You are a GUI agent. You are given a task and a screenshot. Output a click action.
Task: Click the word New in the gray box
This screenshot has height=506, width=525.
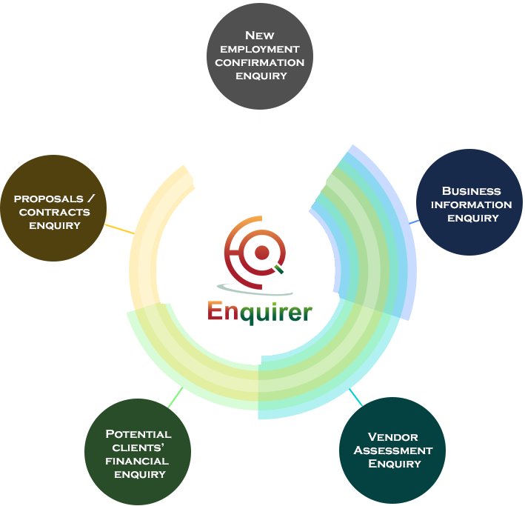(x=259, y=35)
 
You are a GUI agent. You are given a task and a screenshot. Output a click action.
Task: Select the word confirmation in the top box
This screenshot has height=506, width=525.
(x=259, y=62)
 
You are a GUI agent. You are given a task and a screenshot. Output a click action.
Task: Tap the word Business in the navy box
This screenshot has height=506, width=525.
(x=471, y=191)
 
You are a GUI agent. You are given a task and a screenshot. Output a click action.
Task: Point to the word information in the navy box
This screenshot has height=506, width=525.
(x=471, y=204)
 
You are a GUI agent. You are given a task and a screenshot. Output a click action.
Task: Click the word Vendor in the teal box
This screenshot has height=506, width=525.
(x=393, y=436)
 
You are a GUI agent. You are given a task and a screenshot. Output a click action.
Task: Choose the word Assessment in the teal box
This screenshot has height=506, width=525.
(x=393, y=450)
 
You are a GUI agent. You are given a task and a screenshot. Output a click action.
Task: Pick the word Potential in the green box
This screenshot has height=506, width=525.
(x=138, y=433)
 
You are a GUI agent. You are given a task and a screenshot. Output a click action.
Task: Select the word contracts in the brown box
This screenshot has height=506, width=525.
(x=55, y=212)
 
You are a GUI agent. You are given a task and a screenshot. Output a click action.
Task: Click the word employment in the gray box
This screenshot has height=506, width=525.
(x=259, y=49)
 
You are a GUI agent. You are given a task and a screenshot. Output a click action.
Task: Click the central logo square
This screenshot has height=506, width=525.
(x=260, y=270)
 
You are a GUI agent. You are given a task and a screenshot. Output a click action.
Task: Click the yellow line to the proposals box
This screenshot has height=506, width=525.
(x=120, y=229)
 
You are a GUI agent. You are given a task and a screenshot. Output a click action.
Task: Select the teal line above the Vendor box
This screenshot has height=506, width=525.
(x=356, y=398)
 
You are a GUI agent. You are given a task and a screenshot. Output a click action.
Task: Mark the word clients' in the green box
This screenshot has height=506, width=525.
(x=138, y=447)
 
